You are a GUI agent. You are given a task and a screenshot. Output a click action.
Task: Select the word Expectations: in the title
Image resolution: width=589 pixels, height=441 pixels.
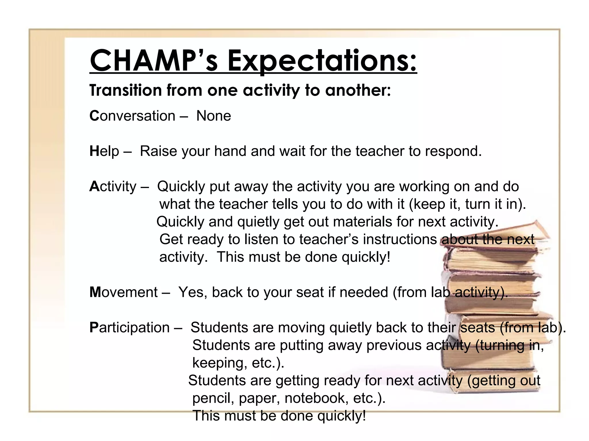pos(322,61)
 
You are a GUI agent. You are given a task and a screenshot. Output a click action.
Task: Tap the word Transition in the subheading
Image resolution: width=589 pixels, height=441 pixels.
pos(126,90)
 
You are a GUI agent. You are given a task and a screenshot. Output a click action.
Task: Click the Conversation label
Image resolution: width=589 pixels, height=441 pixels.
pos(132,116)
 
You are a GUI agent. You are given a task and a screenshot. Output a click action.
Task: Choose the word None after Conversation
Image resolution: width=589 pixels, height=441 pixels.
pos(213,116)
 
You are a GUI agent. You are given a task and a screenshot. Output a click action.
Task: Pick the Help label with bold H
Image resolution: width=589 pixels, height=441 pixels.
pos(104,151)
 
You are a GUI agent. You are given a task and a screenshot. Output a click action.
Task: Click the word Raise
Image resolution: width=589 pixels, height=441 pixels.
pos(158,151)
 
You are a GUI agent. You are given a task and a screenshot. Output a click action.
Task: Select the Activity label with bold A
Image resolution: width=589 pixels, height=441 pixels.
pos(113,187)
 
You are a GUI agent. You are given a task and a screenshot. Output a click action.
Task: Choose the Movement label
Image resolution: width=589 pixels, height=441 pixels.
pos(123,292)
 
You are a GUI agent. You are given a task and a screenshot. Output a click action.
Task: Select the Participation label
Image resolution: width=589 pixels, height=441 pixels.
pos(129,328)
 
